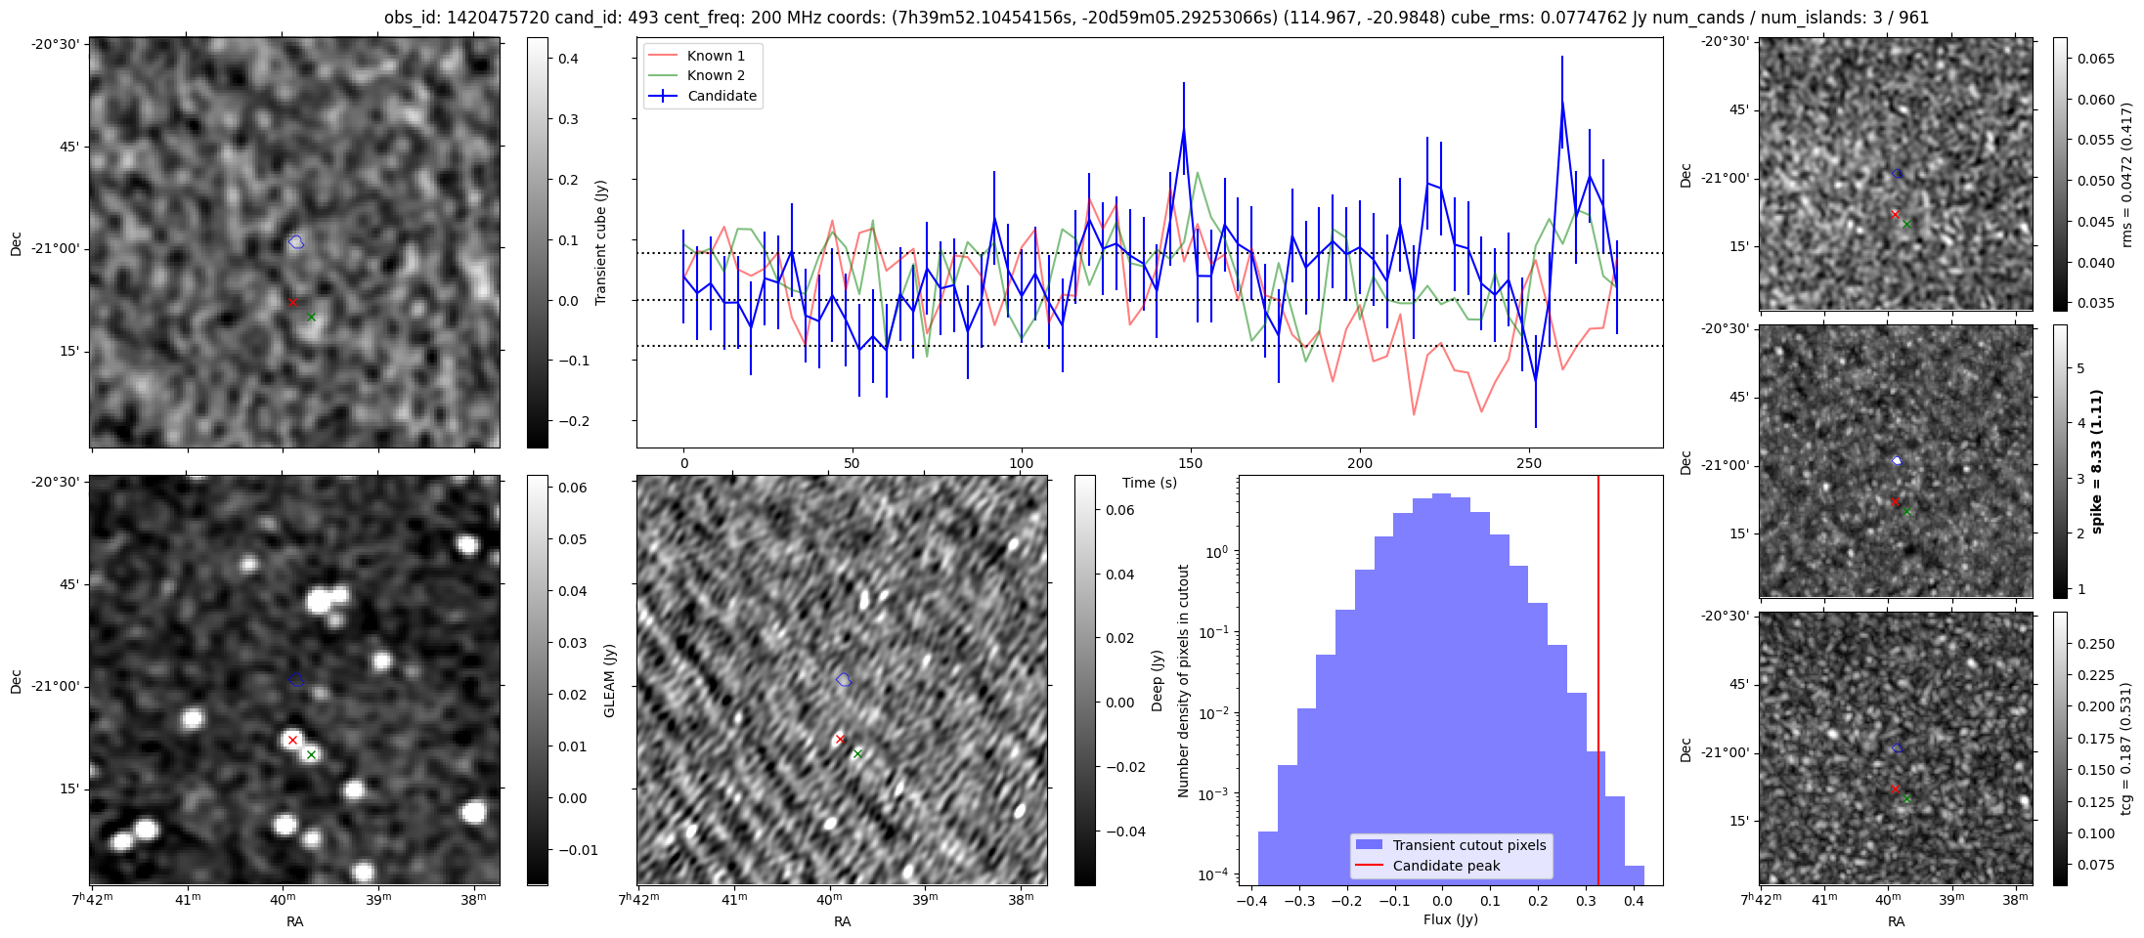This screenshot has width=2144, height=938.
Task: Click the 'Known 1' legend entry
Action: click(716, 56)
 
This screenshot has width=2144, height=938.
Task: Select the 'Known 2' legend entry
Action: click(716, 75)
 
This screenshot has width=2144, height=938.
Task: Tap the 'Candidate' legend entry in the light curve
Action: click(722, 96)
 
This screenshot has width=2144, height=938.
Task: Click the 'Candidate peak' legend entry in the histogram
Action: click(1446, 866)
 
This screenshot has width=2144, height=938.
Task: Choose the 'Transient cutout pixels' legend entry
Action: click(1469, 845)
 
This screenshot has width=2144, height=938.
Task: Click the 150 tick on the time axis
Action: click(1191, 463)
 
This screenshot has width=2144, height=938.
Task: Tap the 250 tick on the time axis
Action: click(1528, 463)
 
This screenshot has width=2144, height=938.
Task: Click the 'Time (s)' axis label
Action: click(1150, 483)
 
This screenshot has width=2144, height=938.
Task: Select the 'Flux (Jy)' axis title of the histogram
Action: click(1451, 919)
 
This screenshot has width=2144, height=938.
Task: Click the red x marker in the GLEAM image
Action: click(292, 740)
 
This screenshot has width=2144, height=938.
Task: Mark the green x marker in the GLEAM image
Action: click(311, 754)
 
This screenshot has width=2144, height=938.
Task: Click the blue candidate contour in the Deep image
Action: click(844, 679)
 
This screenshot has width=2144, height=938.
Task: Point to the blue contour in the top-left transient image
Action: click(296, 241)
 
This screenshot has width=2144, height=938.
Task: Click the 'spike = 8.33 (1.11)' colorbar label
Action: click(2096, 461)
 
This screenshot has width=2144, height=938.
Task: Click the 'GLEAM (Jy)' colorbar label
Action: click(609, 680)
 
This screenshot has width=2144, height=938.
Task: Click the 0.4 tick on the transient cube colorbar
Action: click(568, 59)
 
